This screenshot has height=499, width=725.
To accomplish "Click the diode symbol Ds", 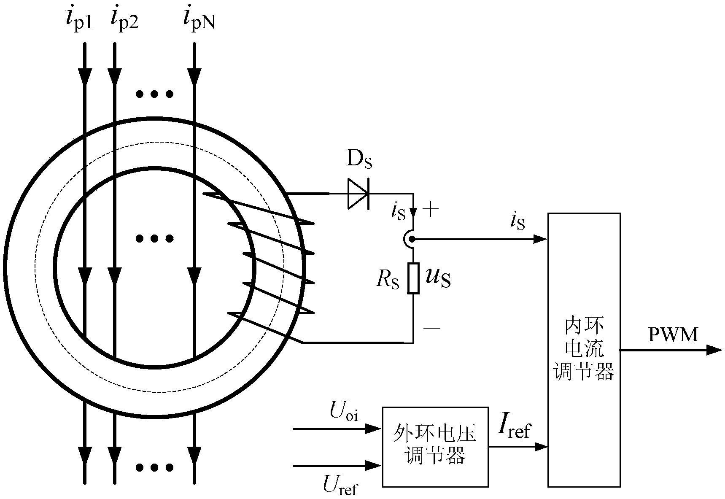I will tap(358, 194).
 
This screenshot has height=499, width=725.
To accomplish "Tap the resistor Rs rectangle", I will tap(413, 278).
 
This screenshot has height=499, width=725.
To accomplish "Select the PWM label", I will tap(673, 335).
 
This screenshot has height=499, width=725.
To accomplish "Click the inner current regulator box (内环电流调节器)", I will tap(584, 349).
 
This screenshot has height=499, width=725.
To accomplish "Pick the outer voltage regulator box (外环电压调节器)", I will tap(435, 447).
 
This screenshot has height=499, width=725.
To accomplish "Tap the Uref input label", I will tap(340, 487).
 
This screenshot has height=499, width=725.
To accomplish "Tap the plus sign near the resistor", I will tap(430, 210).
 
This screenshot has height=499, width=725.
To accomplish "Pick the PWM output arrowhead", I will tap(714, 350).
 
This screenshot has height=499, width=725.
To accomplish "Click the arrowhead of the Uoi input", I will tap(374, 429).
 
